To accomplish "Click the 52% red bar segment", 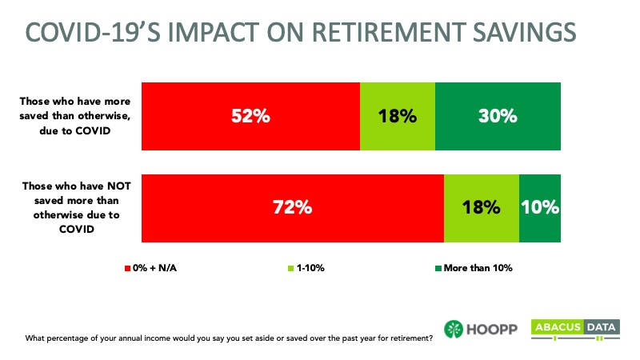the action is coord(250,116).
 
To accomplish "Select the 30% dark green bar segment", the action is coord(498,116).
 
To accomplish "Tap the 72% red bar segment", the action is coord(293,208).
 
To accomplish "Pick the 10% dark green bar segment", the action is coord(540,208).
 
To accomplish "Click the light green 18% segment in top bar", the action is coord(398,116).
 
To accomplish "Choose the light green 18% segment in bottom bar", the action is coord(482,208).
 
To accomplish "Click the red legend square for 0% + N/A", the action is coord(127,268).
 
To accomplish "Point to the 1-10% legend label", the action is coord(310,268).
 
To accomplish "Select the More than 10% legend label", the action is coord(478,268).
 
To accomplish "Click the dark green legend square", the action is coord(438,268).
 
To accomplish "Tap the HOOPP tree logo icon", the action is coord(454,329).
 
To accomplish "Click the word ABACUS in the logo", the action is coord(558,327).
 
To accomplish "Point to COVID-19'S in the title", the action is coord(94,32).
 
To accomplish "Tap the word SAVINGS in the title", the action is coord(525,32).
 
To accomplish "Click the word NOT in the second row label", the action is coord(118,186).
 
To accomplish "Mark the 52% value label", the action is coord(250,116).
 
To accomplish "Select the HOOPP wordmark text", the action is coord(492,329).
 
